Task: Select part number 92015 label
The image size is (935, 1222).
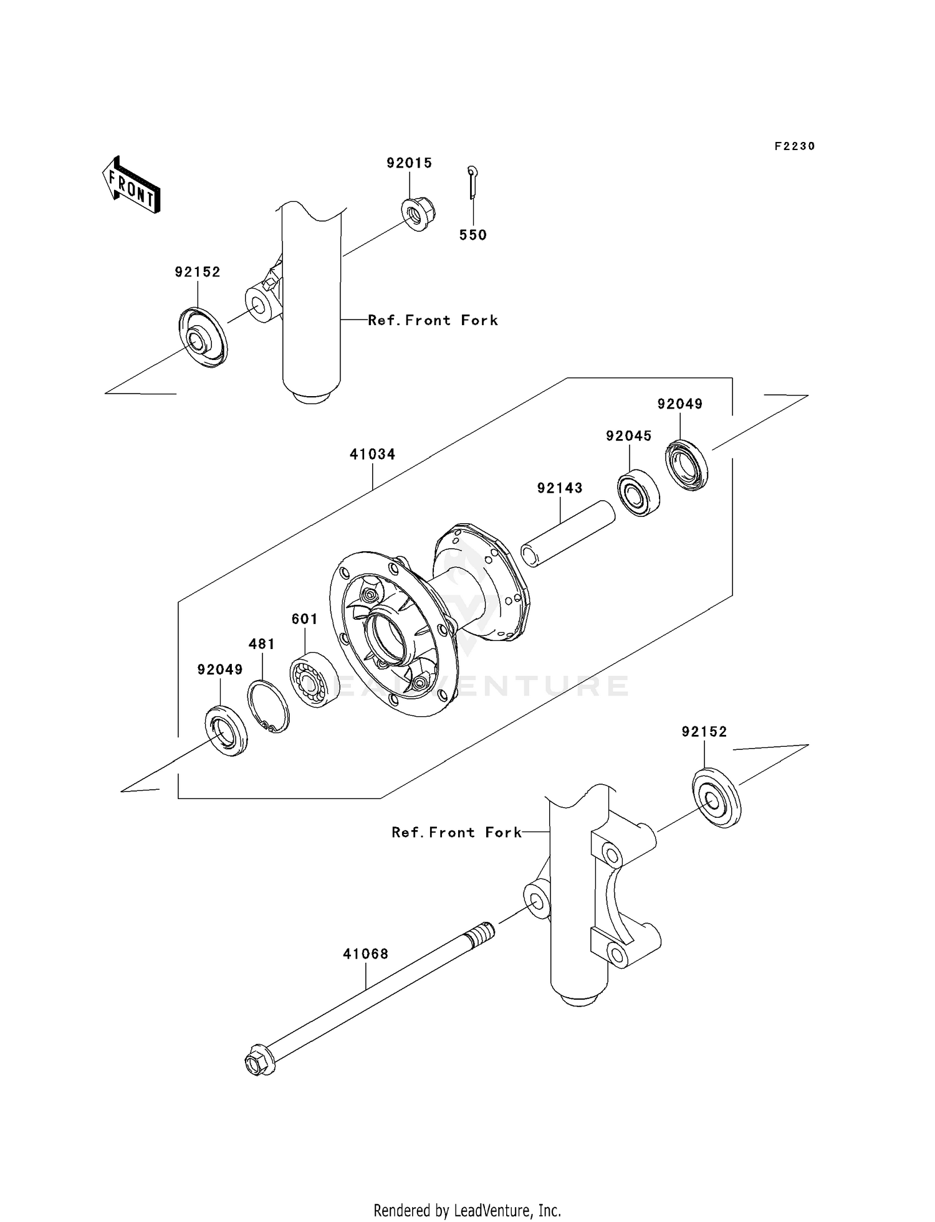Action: [x=409, y=163]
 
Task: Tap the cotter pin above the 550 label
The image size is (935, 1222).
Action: [x=472, y=182]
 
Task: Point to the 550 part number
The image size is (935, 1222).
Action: [x=472, y=235]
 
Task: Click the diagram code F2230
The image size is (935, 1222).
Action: [x=794, y=146]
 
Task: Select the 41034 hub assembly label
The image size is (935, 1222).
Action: [x=372, y=455]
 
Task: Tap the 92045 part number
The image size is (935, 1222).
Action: [x=628, y=437]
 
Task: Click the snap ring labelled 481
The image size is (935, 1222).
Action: [x=269, y=706]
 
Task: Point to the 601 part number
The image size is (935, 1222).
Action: [x=304, y=619]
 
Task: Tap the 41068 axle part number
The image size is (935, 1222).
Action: [x=365, y=954]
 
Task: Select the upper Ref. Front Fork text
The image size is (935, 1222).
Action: [x=433, y=320]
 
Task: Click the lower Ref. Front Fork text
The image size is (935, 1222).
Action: [x=456, y=833]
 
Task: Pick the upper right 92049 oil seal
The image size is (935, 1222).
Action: [x=688, y=465]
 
